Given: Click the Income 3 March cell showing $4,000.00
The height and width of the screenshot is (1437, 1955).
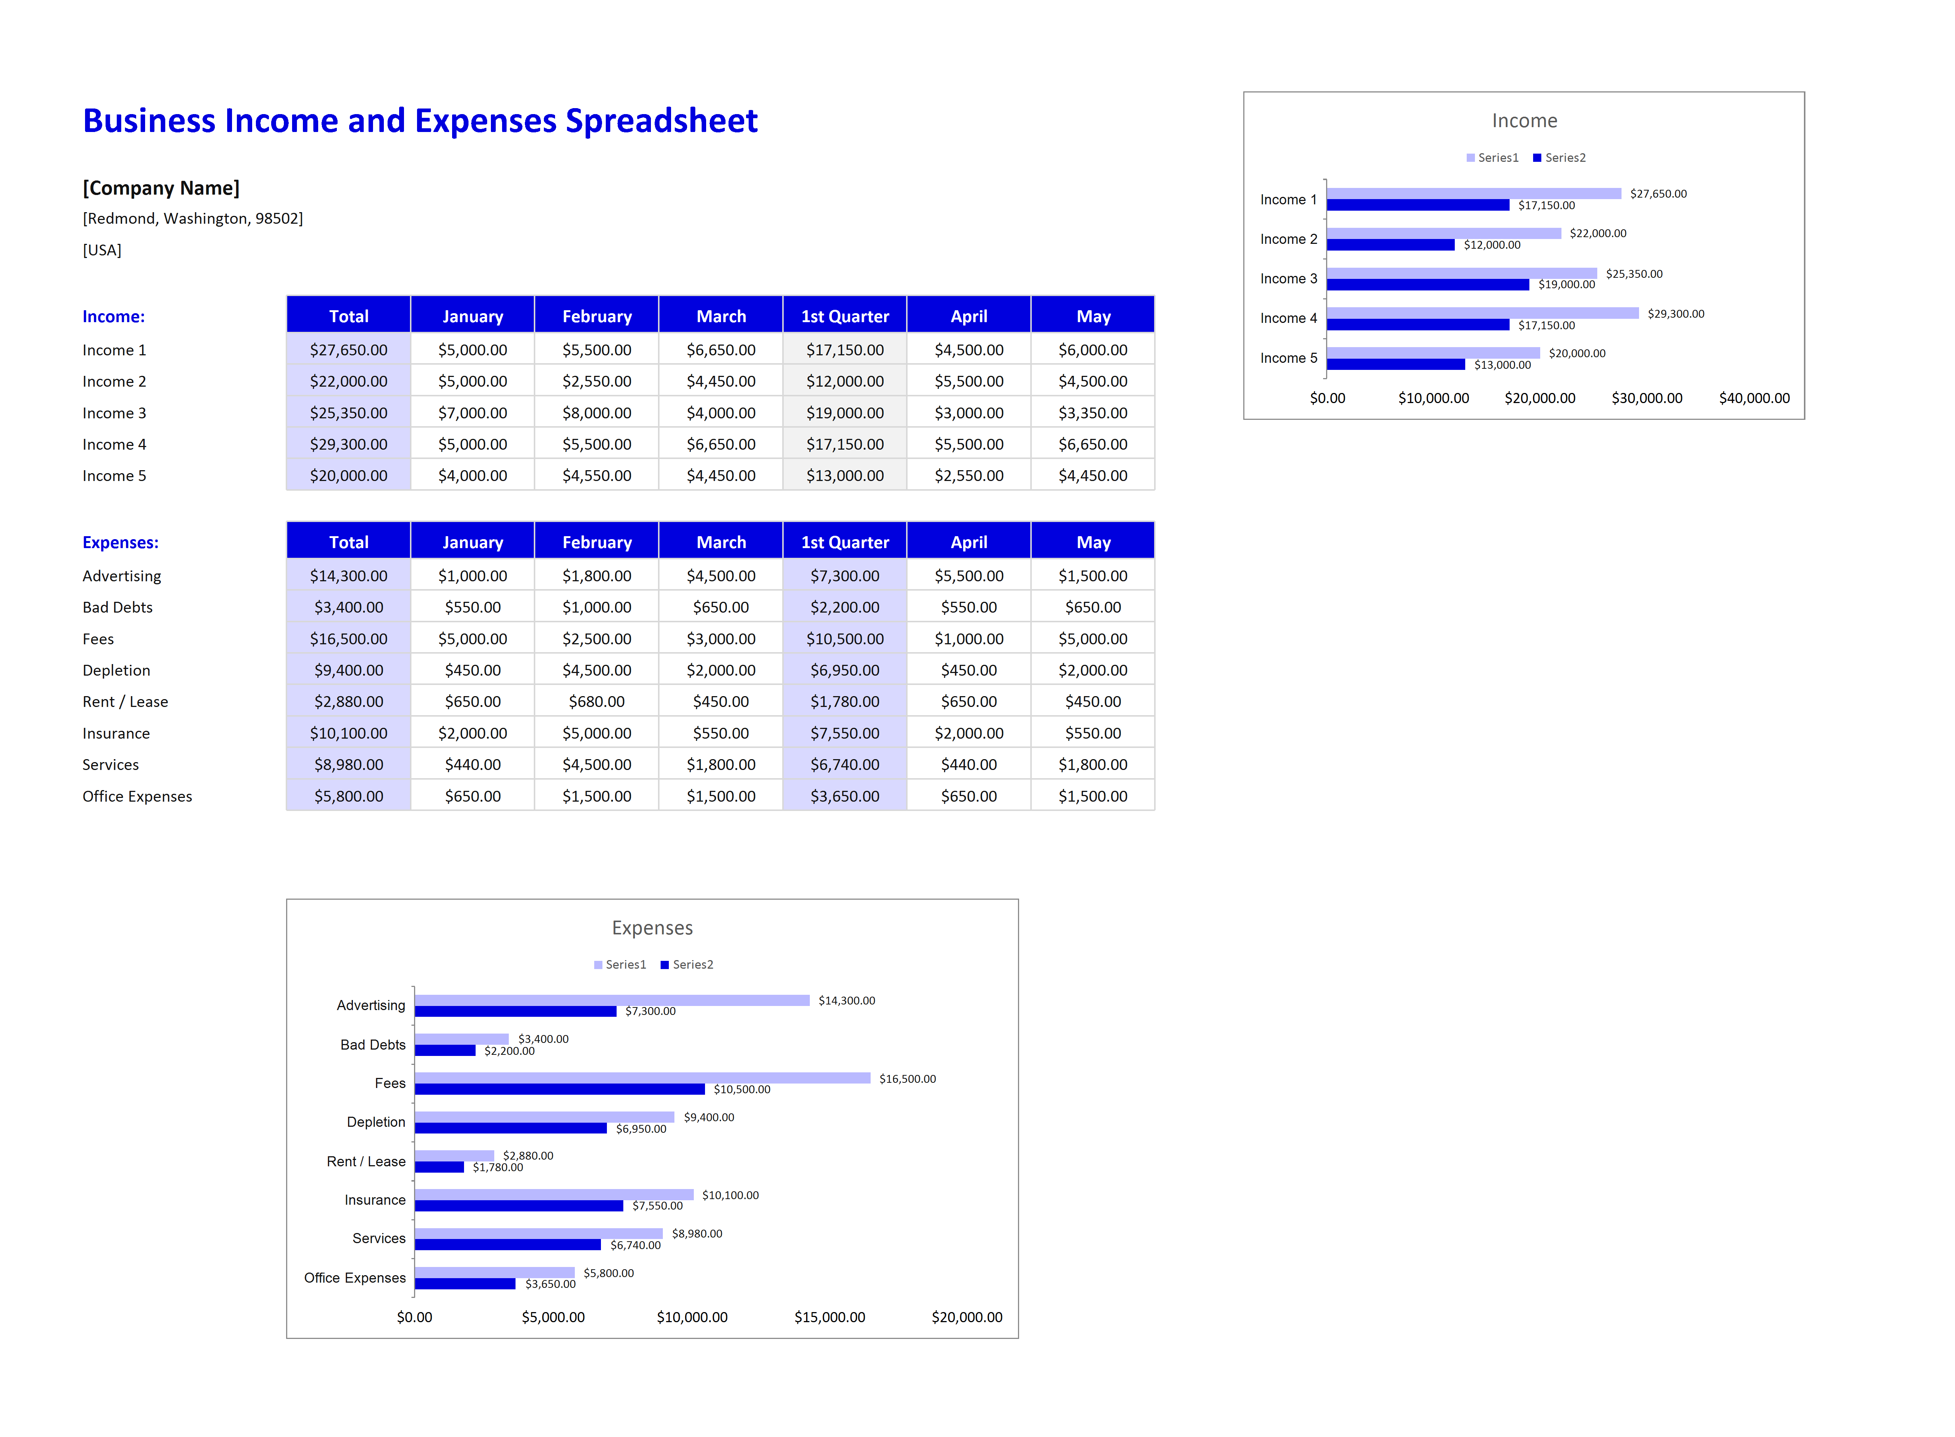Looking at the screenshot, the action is tap(720, 412).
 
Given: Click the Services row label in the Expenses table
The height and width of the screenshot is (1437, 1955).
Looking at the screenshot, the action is tap(110, 765).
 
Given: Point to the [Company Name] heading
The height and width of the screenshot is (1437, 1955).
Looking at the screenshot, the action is tap(161, 188).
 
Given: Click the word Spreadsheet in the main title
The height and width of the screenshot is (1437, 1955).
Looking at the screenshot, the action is tap(661, 121).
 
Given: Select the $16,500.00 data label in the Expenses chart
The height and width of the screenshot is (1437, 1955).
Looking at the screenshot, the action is tap(908, 1079).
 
